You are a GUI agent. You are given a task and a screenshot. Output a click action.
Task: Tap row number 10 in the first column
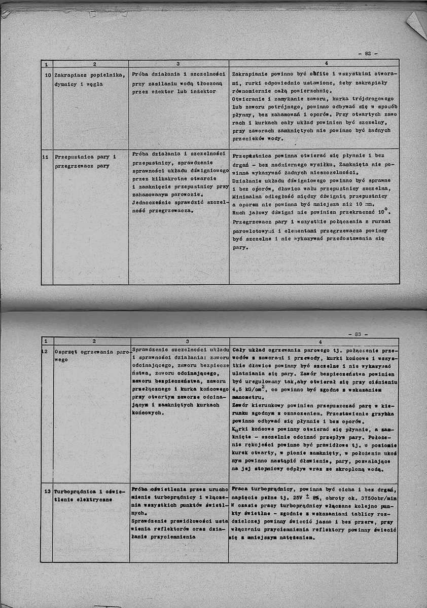click(x=46, y=75)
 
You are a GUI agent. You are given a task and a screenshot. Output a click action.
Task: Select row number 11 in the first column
click(x=46, y=157)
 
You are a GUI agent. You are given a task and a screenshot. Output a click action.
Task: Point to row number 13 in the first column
click(x=47, y=491)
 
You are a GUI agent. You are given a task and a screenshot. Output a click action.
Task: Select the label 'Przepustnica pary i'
click(x=85, y=157)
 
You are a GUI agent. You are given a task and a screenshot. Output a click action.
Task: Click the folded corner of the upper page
click(x=417, y=23)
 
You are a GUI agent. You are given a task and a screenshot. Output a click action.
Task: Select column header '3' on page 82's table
click(x=179, y=63)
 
